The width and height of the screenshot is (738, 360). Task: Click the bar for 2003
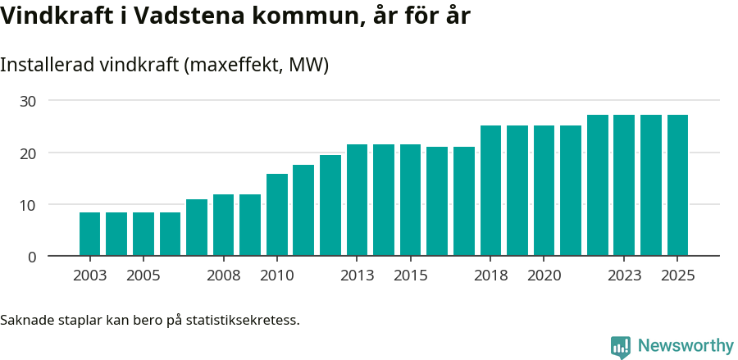[x=89, y=234]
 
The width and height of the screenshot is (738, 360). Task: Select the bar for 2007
[x=197, y=227]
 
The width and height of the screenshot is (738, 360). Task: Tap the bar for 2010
[x=277, y=215]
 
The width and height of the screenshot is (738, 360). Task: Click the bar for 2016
[x=437, y=201]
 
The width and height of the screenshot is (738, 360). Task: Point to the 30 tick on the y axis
[x=29, y=101]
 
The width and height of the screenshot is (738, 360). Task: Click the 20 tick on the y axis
[x=29, y=153]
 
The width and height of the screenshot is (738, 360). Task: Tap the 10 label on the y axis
[x=29, y=205]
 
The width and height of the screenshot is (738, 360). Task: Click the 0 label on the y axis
[x=32, y=257]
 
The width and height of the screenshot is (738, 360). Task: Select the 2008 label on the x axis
[x=223, y=276]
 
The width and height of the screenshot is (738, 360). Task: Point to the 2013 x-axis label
[x=357, y=276]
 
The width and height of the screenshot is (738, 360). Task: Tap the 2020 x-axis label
[x=544, y=276]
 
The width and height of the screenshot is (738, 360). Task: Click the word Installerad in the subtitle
[x=46, y=65]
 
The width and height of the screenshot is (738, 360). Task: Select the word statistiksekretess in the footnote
[x=243, y=320]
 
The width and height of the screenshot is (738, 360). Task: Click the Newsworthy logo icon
[x=621, y=346]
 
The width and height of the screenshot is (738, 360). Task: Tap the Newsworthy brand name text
[x=686, y=346]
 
